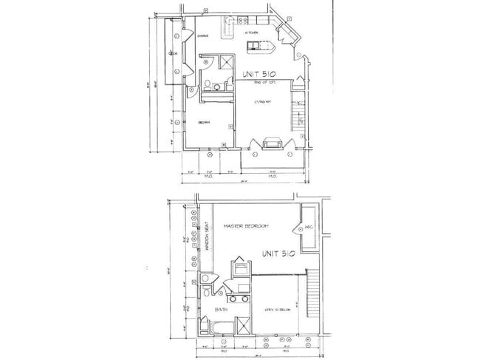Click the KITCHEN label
coord(250,33)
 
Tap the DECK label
coord(172,54)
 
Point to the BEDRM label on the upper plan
coord(205,123)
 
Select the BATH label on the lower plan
coord(220,308)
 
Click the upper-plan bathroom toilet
coord(208,84)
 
